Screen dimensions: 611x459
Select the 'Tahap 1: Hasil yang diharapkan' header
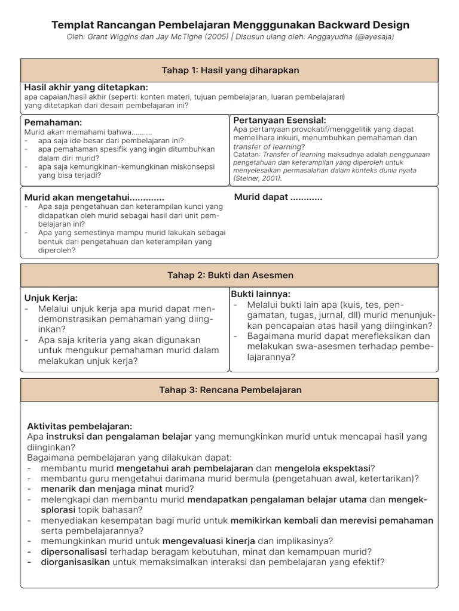click(230, 70)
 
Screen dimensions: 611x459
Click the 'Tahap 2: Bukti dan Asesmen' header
click(230, 275)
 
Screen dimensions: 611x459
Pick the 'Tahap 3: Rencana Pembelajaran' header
click(230, 390)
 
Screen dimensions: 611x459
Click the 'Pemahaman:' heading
click(53, 122)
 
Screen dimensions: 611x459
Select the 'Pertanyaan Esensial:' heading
click(279, 120)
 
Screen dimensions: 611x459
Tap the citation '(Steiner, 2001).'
click(258, 178)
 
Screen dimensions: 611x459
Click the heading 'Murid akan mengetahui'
click(94, 198)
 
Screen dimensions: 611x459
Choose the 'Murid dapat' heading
click(278, 197)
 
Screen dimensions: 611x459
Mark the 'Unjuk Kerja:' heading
click(51, 298)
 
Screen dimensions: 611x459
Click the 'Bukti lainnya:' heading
click(261, 294)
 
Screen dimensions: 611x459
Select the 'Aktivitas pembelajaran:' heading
click(79, 426)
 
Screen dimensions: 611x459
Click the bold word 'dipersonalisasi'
click(74, 551)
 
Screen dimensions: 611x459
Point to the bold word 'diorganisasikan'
click(75, 562)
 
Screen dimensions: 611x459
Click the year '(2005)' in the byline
click(216, 37)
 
